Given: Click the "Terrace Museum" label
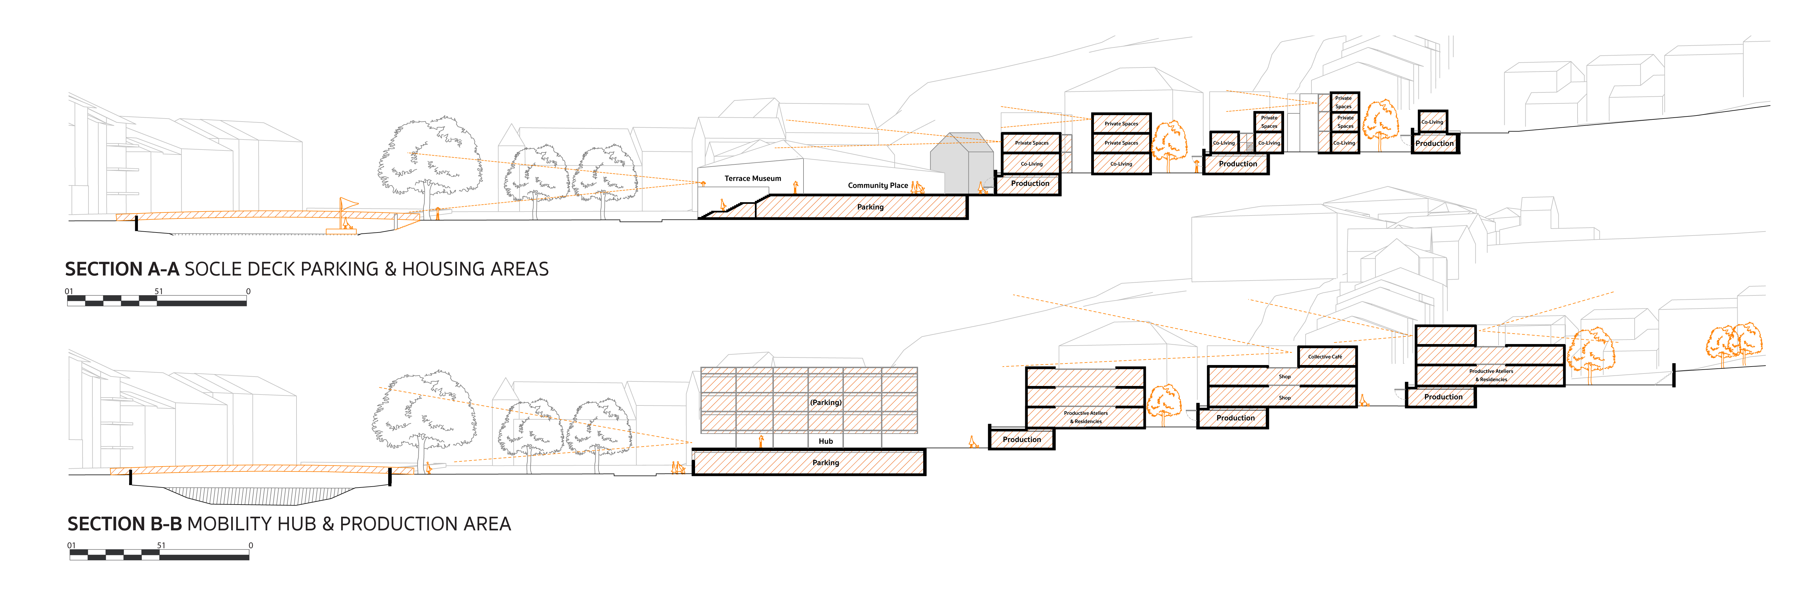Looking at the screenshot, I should (x=752, y=178).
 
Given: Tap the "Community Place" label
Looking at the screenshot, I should (x=878, y=185).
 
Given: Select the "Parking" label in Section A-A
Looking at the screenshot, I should (x=870, y=207).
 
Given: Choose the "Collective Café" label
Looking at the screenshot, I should (x=1325, y=357).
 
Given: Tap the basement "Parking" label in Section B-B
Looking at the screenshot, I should (x=825, y=463).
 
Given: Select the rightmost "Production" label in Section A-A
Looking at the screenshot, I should (x=1435, y=143).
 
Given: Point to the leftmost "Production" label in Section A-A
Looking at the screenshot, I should (x=1030, y=183).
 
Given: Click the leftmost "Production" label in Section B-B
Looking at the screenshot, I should (x=1022, y=439).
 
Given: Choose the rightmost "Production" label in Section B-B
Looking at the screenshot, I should (x=1443, y=397).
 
